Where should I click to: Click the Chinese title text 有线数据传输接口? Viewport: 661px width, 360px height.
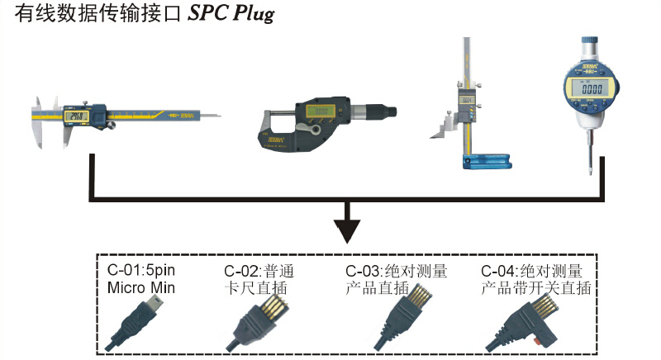(95, 15)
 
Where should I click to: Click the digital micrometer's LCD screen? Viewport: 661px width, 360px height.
(321, 109)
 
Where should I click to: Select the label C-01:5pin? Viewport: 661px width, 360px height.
(142, 270)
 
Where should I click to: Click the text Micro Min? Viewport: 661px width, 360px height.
(143, 287)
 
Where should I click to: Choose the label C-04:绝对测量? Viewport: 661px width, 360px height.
(532, 271)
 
